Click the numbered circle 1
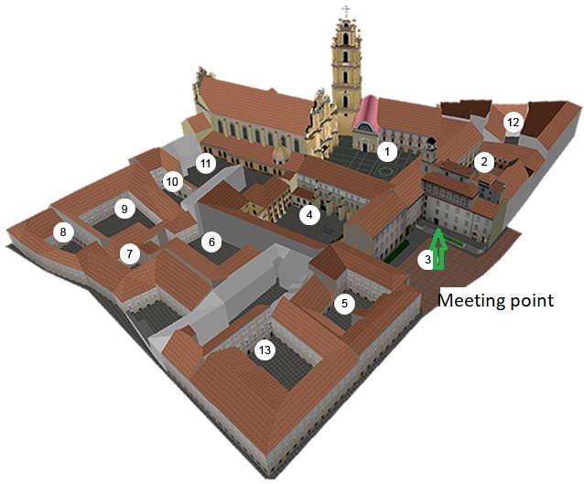click(387, 152)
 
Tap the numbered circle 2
click(484, 162)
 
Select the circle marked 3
click(427, 259)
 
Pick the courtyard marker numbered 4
click(309, 215)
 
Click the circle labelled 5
click(344, 304)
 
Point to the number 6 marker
click(211, 242)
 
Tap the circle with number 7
click(129, 254)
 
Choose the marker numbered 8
click(63, 232)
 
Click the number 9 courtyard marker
click(124, 209)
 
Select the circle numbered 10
click(172, 182)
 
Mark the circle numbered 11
click(206, 163)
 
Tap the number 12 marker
click(513, 122)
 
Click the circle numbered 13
click(265, 350)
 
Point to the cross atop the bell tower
click(346, 11)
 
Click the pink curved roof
click(366, 113)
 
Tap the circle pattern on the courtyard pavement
click(386, 172)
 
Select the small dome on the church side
click(280, 154)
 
